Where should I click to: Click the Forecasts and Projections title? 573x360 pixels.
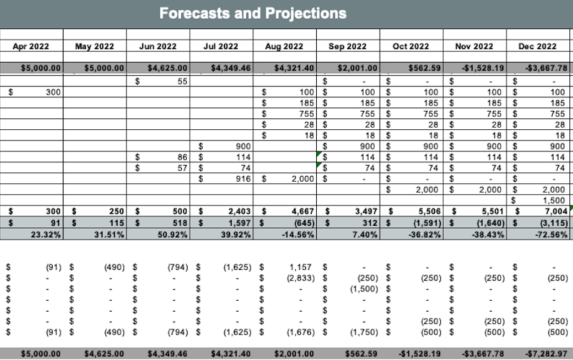(253, 14)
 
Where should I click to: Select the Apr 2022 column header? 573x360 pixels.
(32, 46)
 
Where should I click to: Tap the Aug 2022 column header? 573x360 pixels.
(284, 46)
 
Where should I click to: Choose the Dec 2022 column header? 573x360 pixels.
(538, 46)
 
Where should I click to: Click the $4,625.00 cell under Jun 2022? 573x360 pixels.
(167, 69)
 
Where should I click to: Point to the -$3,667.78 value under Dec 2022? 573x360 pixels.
(542, 69)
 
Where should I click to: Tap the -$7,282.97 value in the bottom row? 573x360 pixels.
(541, 354)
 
